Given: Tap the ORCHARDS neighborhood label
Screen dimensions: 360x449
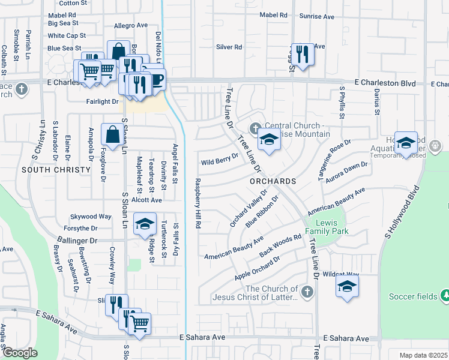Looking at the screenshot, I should tap(274, 181).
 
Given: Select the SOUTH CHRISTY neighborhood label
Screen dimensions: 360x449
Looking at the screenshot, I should tap(51, 170).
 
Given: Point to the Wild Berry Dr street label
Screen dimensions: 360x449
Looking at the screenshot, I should tap(220, 161).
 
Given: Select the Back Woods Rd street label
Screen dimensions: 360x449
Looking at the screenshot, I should tap(280, 247).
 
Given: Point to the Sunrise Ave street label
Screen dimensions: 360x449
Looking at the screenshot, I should tap(318, 17).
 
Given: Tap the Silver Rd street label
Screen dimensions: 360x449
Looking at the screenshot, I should tap(229, 47).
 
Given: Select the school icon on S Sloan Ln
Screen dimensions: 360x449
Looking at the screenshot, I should tap(144, 224).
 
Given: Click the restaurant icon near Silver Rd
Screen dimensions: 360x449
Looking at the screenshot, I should tap(303, 55).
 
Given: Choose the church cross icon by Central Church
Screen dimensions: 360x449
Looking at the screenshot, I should tap(255, 128).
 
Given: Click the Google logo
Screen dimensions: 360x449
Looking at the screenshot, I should tap(20, 353).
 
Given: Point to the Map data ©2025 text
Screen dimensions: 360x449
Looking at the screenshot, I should tap(423, 355).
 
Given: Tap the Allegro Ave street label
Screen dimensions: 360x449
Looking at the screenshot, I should tap(130, 26).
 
